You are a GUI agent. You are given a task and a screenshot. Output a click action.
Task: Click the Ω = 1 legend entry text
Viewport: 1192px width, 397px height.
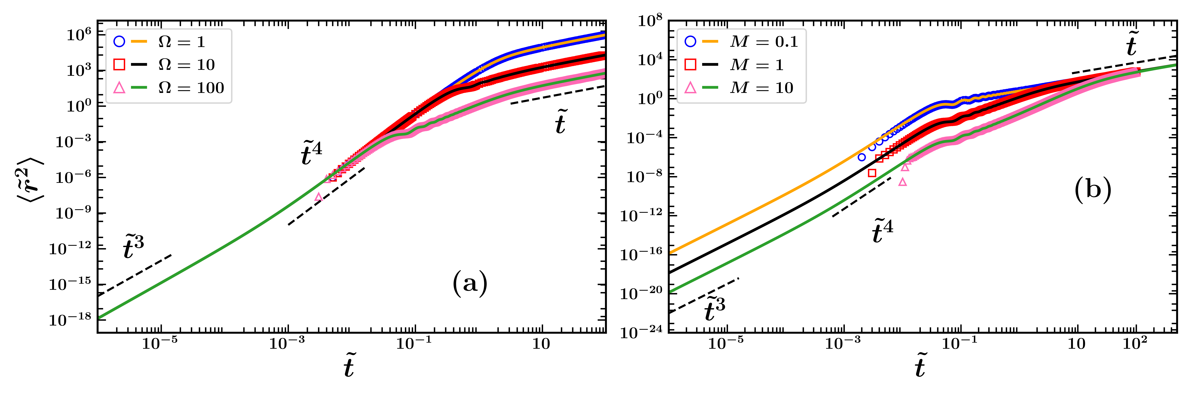point(181,42)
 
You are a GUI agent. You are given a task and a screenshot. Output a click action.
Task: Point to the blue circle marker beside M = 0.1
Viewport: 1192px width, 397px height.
point(690,42)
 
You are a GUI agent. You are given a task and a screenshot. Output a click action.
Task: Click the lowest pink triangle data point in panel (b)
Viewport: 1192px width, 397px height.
point(902,182)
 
